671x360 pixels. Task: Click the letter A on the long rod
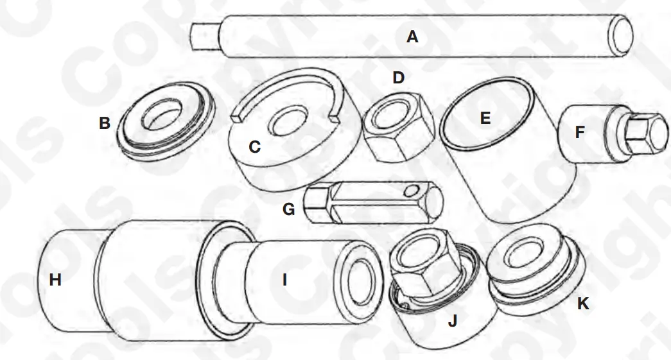tap(412, 37)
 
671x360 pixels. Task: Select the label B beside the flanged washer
tap(105, 123)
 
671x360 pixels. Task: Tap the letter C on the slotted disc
tap(254, 147)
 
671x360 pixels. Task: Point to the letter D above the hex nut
tap(399, 78)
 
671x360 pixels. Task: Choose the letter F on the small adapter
tap(580, 132)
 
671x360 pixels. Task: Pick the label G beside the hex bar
tap(289, 209)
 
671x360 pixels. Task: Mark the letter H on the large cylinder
tap(55, 280)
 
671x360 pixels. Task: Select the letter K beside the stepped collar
tap(582, 304)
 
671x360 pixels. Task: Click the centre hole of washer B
tap(162, 116)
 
